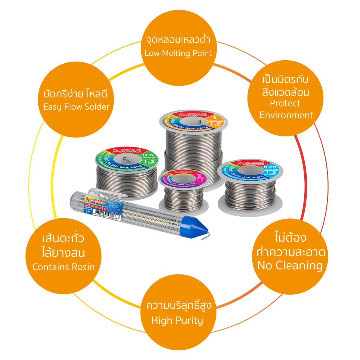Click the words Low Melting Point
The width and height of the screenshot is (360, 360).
(178, 53)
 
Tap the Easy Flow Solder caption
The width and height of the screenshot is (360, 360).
(76, 107)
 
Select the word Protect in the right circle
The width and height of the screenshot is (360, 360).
(285, 103)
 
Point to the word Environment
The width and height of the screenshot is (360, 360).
(286, 115)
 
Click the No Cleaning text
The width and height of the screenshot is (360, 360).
(290, 265)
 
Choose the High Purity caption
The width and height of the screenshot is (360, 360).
(177, 320)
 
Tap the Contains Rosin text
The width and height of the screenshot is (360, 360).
(63, 267)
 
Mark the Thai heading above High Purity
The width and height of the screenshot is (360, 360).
(179, 306)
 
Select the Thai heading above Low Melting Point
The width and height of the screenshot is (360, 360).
(178, 40)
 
